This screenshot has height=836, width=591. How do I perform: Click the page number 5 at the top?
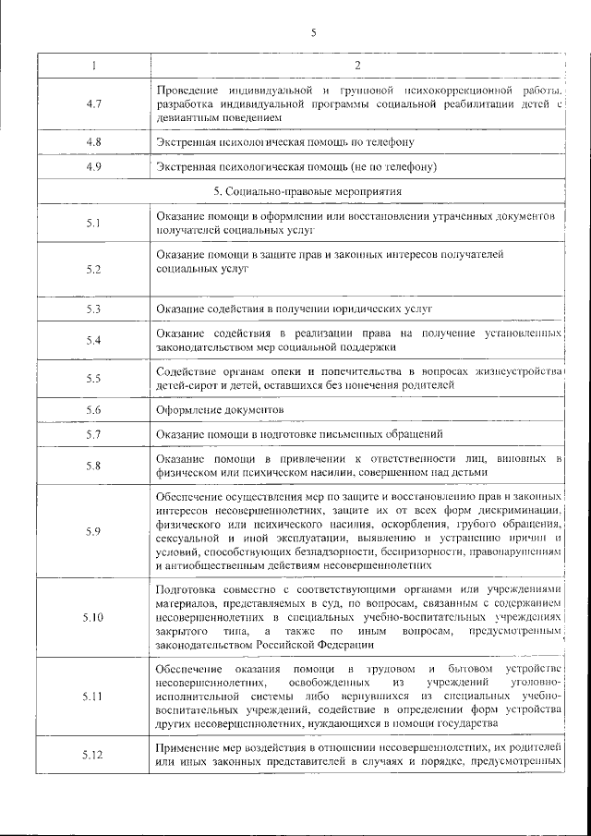313,33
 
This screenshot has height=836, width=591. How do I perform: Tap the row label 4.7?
92,104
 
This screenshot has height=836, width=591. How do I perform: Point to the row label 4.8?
92,142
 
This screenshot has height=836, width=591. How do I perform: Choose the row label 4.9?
92,167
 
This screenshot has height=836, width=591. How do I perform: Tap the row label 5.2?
92,269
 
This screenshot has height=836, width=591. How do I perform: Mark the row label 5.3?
92,309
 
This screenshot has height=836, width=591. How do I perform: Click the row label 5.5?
92,378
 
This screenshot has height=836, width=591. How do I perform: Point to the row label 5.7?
92,433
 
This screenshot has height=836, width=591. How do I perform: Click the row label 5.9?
92,530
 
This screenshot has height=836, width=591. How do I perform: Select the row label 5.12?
92,755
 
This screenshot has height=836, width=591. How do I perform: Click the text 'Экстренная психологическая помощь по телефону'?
284,142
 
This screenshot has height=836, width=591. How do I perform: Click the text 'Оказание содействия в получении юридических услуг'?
294,309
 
